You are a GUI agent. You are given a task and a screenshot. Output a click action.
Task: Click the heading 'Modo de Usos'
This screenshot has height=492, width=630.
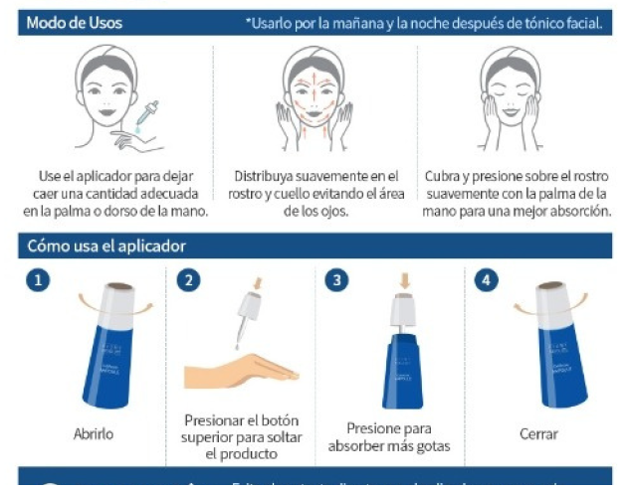pos(75,22)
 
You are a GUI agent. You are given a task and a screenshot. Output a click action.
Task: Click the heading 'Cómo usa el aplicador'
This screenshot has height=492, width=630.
pos(106,245)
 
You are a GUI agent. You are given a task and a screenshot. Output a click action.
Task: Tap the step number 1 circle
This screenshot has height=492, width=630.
pos(37,281)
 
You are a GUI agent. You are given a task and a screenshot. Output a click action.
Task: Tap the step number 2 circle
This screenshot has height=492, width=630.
pos(187,281)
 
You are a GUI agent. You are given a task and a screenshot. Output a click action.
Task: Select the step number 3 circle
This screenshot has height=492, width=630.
pos(338,281)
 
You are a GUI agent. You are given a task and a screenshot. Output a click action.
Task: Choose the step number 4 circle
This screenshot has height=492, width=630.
pos(487,281)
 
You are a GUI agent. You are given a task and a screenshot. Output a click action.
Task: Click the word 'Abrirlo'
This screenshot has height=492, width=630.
pos(93,434)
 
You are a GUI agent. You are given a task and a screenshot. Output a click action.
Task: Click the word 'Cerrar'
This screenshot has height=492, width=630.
pos(538,434)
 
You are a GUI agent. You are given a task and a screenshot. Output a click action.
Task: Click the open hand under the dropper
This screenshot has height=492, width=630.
pos(239,369)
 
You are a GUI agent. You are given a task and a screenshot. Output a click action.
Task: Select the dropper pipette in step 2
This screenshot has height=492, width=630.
pos(242,323)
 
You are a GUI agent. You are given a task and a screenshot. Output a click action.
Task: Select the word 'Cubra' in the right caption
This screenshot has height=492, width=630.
pos(444,176)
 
